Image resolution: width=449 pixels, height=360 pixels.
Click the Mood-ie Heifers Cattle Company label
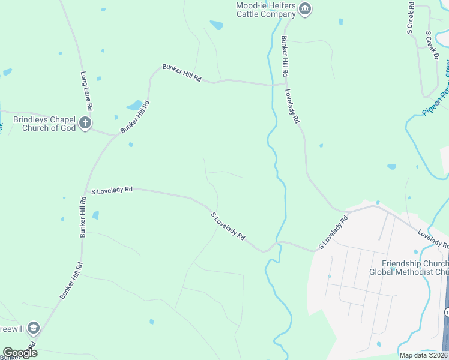click(x=265, y=9)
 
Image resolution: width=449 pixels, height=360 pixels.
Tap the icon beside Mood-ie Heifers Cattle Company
click(x=306, y=9)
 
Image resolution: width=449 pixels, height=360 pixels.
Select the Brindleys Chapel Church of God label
click(x=49, y=124)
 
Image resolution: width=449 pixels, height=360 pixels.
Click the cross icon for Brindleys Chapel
click(x=85, y=124)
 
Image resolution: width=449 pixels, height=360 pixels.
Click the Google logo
click(x=20, y=353)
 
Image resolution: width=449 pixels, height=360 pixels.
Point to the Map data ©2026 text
click(x=424, y=355)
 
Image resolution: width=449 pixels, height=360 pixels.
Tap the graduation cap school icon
click(x=34, y=328)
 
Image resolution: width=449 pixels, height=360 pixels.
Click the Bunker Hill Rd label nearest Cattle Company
click(x=285, y=56)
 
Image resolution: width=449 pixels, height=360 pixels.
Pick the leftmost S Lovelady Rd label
click(x=111, y=190)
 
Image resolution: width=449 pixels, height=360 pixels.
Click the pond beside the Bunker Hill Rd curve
click(x=134, y=106)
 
